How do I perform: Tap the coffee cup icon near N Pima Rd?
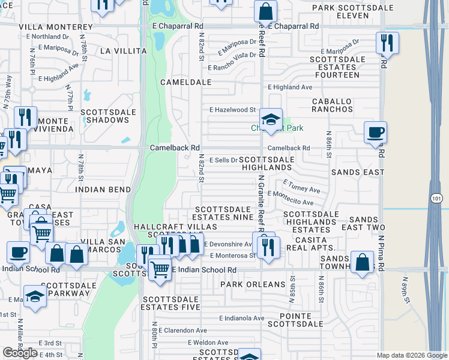click(x=376, y=133)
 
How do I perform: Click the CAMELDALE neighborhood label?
click(x=185, y=82)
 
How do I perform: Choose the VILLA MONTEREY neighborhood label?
click(x=56, y=28)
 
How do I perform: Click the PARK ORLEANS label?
click(x=252, y=284)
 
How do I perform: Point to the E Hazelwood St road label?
click(x=232, y=110)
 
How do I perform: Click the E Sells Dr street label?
click(x=223, y=160)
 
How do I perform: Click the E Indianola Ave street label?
click(x=241, y=318)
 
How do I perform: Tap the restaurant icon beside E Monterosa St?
click(x=268, y=245)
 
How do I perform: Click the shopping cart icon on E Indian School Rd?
click(x=160, y=269)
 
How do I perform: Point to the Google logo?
click(x=20, y=352)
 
